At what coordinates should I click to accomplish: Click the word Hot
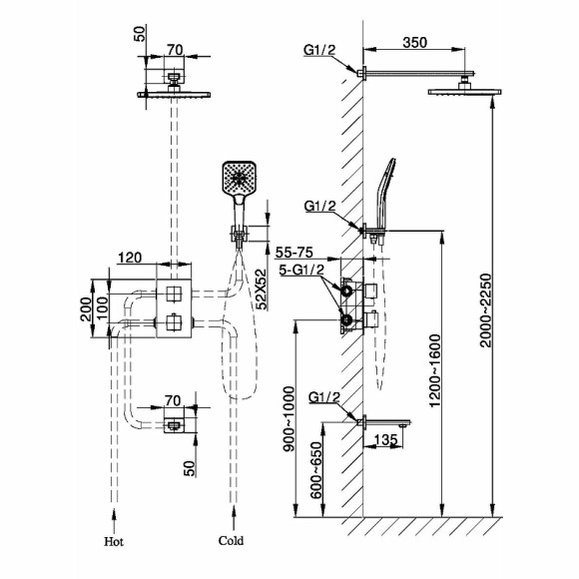114,542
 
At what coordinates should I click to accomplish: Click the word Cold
232,541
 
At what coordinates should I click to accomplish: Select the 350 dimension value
414,43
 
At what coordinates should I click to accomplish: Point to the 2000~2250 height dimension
486,310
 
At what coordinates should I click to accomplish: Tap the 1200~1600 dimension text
435,370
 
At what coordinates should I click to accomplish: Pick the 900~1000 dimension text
289,419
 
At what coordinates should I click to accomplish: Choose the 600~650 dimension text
316,470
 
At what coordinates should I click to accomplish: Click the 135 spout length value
385,440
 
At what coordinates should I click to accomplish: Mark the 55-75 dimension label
294,253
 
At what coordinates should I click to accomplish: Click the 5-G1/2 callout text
301,270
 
